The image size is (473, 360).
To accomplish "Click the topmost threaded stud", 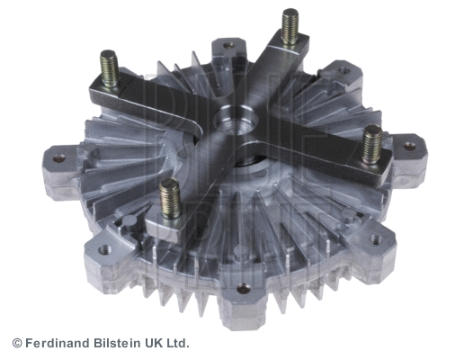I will pyautogui.click(x=290, y=27).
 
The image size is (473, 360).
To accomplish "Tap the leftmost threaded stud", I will pyautogui.click(x=108, y=68).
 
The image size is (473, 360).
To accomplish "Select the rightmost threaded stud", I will pyautogui.click(x=371, y=144).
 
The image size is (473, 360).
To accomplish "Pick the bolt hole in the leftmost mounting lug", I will pyautogui.click(x=59, y=158).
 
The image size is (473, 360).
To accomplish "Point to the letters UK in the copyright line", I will pyautogui.click(x=154, y=343).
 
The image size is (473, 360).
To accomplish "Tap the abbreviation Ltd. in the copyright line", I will pyautogui.click(x=178, y=343).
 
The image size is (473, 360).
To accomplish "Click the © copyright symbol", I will pyautogui.click(x=16, y=343).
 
